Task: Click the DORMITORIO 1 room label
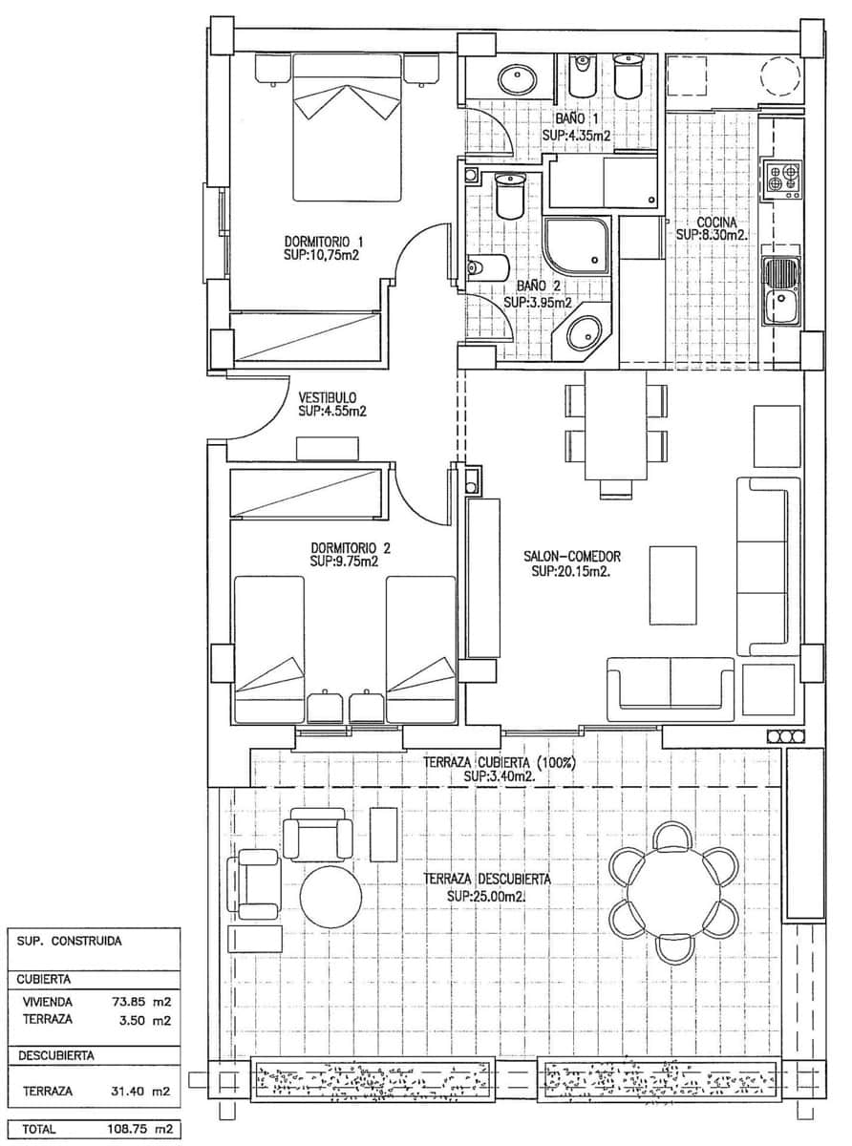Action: tap(324, 241)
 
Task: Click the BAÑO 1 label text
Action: tap(576, 119)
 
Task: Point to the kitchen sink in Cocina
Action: tap(782, 291)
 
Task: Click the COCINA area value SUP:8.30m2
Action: tap(713, 234)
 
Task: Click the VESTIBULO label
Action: tap(327, 397)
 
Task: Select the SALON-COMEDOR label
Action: tap(572, 556)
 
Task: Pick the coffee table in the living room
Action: tap(672, 584)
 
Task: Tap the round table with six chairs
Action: tap(674, 892)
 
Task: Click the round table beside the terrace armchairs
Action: tap(330, 896)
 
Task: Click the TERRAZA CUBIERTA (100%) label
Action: tap(497, 762)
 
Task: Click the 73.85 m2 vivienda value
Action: tap(139, 1002)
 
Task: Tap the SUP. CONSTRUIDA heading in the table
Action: tap(70, 940)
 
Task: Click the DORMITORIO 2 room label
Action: tap(351, 548)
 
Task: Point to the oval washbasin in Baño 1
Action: tap(517, 77)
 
